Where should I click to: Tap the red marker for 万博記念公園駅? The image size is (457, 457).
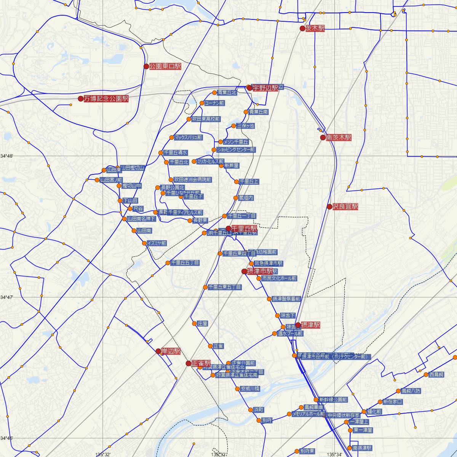point(80,99)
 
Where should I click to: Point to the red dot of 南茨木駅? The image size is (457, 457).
point(323,137)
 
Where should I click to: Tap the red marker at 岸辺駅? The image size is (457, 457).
point(158,351)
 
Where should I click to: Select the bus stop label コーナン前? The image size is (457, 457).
point(214,103)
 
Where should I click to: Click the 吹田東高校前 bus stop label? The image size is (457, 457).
point(206,119)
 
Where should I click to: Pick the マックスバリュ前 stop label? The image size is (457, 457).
point(188,137)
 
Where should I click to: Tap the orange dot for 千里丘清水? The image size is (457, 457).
point(161,153)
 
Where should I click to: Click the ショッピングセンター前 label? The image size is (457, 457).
point(235,150)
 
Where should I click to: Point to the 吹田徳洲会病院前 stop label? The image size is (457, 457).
point(193,180)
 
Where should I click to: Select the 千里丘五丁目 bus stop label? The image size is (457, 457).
point(185,263)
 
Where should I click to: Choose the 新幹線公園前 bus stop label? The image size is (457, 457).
point(333,400)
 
